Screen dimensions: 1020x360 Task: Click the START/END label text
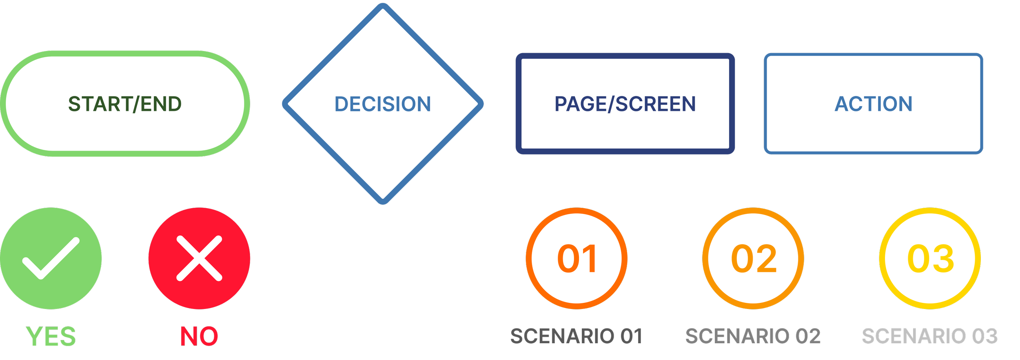[x=125, y=104]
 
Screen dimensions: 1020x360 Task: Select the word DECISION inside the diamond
[x=383, y=104]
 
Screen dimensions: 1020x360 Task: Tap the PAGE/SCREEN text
[x=625, y=104]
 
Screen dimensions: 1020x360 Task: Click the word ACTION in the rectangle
[x=874, y=104]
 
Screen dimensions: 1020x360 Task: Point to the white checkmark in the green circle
[x=51, y=259]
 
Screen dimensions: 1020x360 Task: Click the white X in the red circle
[x=199, y=258]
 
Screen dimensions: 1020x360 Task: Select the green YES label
[x=51, y=337]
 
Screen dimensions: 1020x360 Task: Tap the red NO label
[x=199, y=337]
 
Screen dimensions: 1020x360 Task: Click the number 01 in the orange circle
[x=577, y=259]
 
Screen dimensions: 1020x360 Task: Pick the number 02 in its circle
[x=754, y=259]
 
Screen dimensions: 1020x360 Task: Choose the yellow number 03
[x=931, y=259]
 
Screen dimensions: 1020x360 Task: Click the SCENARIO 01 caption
[x=576, y=337]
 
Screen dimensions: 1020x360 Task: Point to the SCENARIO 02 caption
[x=753, y=337]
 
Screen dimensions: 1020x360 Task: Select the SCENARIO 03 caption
[x=929, y=337]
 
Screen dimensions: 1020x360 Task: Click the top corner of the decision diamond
[x=383, y=6]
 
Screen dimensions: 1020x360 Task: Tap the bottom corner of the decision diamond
[x=383, y=202]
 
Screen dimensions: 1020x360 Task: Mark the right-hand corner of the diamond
[x=481, y=104]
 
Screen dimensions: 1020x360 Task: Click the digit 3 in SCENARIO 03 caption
[x=991, y=337]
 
